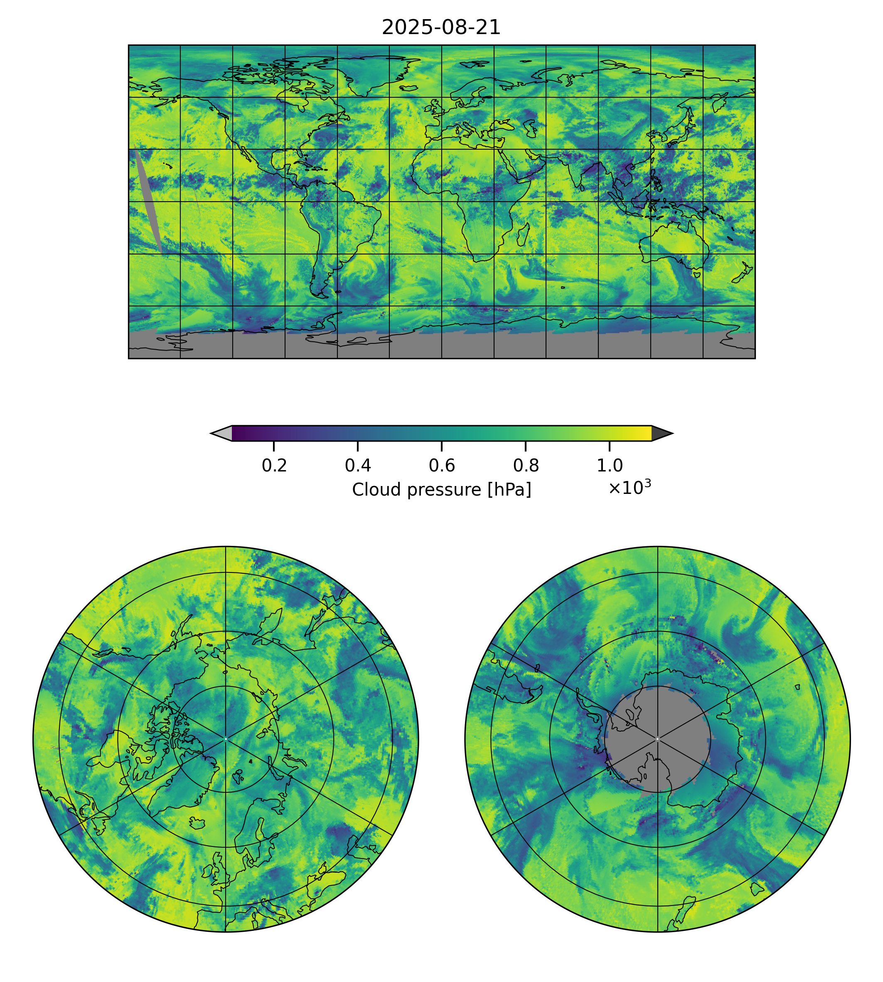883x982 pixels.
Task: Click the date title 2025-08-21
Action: tap(441, 28)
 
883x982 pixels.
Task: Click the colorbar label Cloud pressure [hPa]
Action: tap(441, 490)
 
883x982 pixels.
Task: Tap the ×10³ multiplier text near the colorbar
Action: tap(629, 487)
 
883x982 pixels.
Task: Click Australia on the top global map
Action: tap(674, 245)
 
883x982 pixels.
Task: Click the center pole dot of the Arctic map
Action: tap(226, 739)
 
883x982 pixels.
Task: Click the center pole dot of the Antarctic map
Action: tap(657, 739)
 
